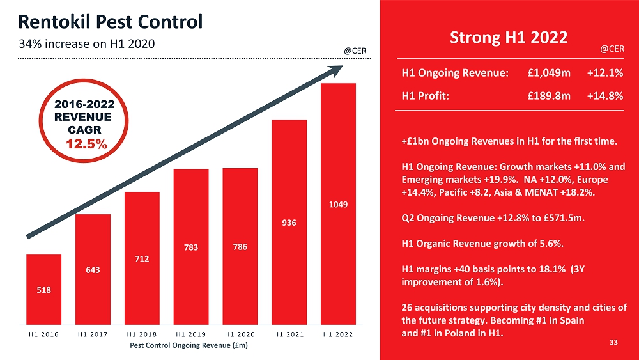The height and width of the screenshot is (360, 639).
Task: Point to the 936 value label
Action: (x=289, y=223)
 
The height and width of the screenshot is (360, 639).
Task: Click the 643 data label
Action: (x=93, y=270)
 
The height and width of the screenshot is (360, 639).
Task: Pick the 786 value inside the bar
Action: (x=240, y=247)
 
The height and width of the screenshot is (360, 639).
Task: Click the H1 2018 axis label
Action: (x=142, y=333)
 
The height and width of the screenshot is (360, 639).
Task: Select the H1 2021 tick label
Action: (x=289, y=333)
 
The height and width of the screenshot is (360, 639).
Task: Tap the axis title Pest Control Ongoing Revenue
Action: (x=189, y=345)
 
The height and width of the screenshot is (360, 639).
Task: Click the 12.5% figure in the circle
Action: (x=87, y=145)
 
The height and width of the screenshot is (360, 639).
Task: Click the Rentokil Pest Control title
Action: (x=111, y=22)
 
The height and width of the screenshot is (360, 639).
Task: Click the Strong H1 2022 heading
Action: (x=509, y=37)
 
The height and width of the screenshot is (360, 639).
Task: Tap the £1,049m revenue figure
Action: (x=549, y=73)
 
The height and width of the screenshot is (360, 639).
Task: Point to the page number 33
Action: (x=613, y=343)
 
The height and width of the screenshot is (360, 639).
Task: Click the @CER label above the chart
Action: (x=355, y=50)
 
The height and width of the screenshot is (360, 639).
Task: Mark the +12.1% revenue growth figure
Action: (x=604, y=73)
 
